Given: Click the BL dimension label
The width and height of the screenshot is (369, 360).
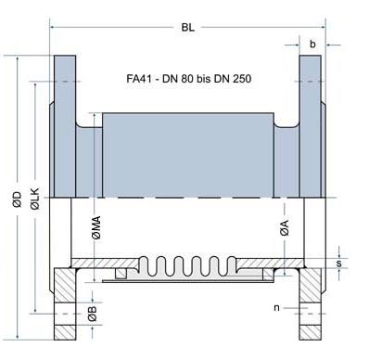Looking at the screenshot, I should tap(187, 28).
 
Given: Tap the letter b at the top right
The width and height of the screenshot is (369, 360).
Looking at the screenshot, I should tap(313, 43).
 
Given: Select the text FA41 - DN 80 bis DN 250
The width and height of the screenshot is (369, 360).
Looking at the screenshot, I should tap(188, 80).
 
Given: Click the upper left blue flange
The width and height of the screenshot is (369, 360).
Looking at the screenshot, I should tap(64, 121).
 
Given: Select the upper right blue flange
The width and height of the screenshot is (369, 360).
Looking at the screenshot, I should tap(310, 121).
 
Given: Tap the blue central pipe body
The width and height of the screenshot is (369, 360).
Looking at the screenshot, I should tap(187, 153).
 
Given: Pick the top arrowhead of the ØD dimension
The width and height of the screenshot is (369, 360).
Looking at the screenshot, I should tap(16, 58).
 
